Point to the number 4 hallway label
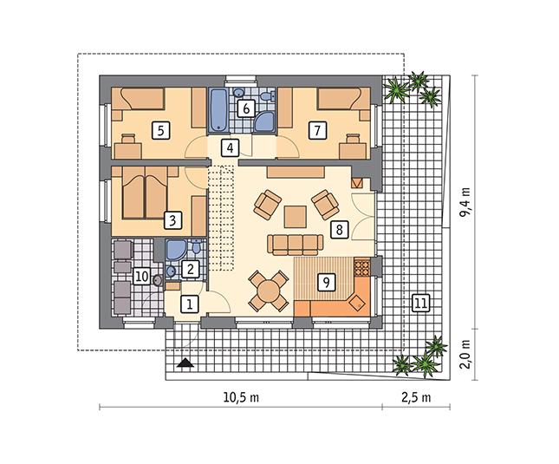[x=229, y=147]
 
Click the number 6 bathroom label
[x=244, y=108]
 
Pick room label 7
[x=317, y=131]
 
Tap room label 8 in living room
[x=338, y=230]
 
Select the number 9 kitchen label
[x=326, y=281]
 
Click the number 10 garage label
[x=143, y=276]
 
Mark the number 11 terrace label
[x=420, y=303]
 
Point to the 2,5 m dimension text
[x=416, y=397]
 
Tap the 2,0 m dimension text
[x=465, y=355]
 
